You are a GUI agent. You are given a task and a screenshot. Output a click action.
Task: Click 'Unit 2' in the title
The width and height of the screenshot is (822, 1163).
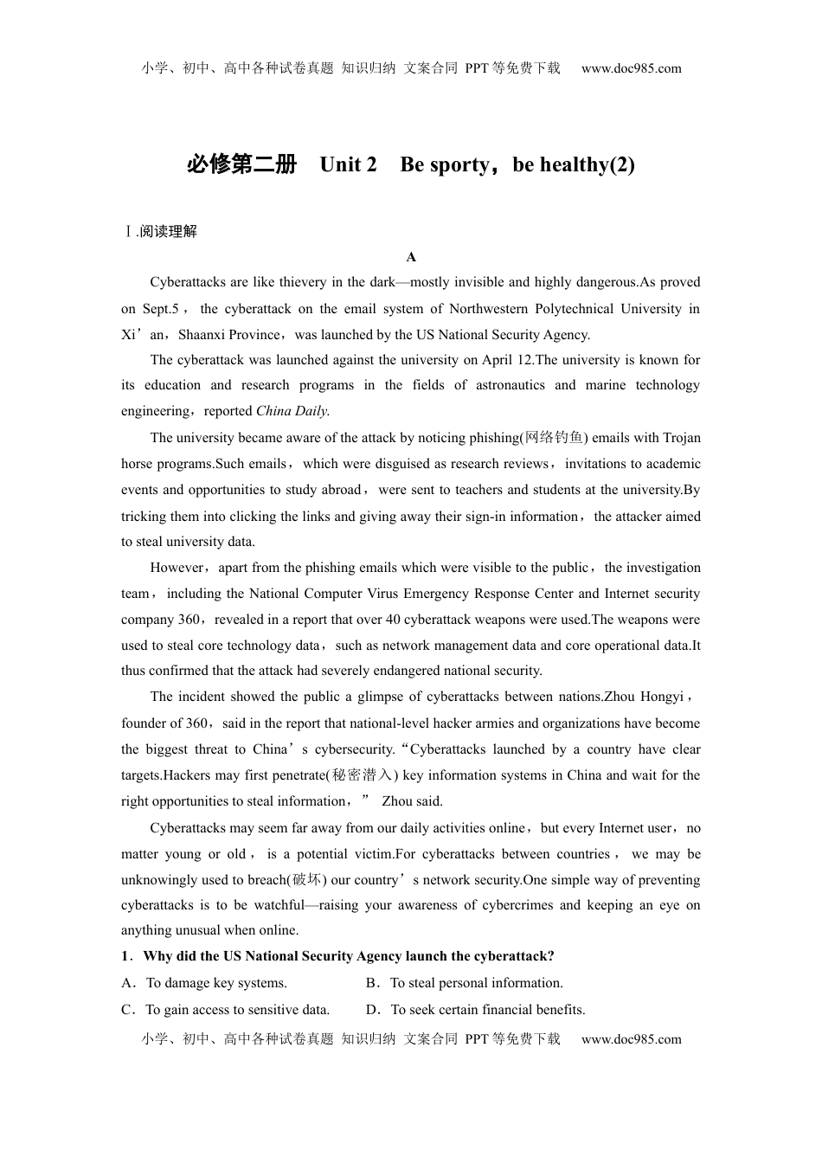(348, 164)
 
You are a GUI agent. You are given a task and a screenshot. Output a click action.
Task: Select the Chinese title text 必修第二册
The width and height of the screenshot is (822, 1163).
(241, 164)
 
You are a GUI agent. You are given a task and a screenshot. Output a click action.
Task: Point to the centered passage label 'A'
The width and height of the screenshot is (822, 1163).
(411, 257)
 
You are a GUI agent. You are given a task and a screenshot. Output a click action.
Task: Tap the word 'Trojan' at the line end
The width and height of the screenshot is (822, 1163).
(681, 438)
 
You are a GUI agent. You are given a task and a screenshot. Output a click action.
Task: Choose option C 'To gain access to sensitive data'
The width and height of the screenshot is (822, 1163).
(237, 1010)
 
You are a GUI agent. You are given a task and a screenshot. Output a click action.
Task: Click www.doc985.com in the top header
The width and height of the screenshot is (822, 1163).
(631, 68)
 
